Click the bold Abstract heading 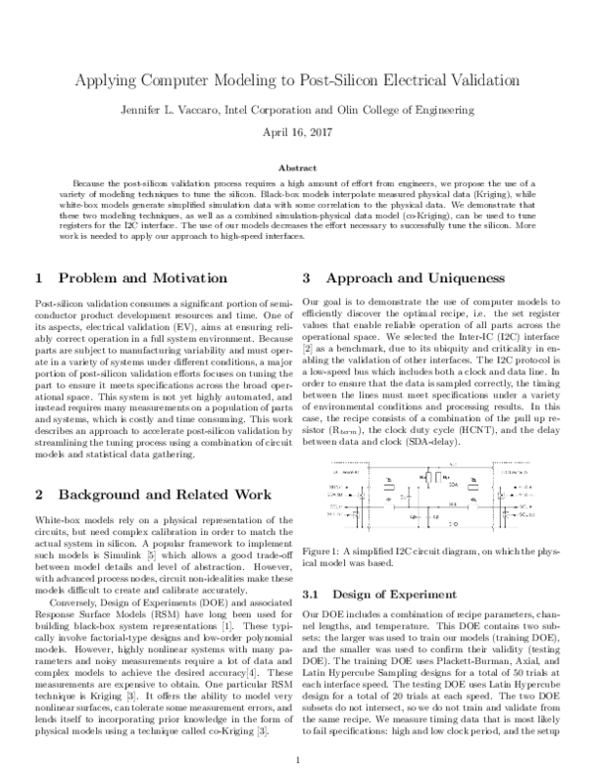click(297, 168)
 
